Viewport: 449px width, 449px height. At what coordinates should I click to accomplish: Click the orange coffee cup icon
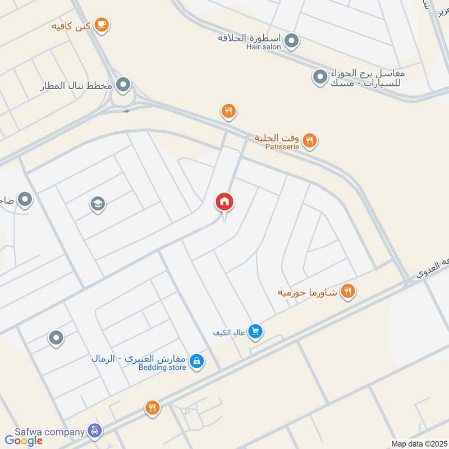coord(102,24)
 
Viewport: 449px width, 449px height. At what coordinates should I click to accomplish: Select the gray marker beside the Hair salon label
coord(291,40)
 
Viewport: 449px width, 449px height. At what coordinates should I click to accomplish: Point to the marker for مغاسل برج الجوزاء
coord(319,76)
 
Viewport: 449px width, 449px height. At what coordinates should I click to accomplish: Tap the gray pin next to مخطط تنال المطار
coord(123,85)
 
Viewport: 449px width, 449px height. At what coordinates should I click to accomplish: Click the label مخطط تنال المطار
coord(77,86)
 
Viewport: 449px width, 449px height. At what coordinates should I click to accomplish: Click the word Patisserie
coord(283,147)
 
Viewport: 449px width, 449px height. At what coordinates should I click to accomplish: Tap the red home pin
coord(224,202)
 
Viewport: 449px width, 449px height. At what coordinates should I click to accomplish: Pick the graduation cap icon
coord(98,204)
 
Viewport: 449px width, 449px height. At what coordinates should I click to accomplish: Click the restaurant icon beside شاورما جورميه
coord(348,291)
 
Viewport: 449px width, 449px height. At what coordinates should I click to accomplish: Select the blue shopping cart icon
coord(255,332)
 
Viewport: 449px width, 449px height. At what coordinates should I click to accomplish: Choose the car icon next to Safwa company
coord(95,431)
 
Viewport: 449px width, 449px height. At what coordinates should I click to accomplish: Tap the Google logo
coord(24,441)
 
